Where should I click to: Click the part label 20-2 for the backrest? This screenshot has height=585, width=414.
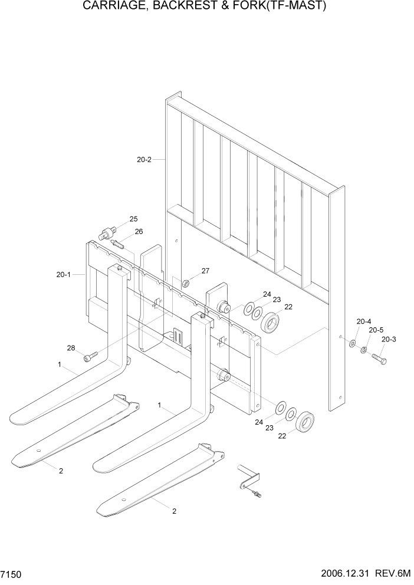click(144, 159)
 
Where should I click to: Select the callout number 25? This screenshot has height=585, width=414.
click(133, 219)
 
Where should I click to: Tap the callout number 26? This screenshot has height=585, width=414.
click(139, 231)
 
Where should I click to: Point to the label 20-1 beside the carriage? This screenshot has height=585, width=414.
click(64, 274)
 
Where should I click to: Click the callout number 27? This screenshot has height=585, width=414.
click(205, 271)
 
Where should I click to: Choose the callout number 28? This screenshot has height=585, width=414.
click(71, 348)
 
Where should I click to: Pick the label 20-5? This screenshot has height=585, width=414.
click(376, 330)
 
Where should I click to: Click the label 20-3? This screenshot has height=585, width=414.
click(389, 339)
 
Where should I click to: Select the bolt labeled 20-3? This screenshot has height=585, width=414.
click(378, 357)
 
